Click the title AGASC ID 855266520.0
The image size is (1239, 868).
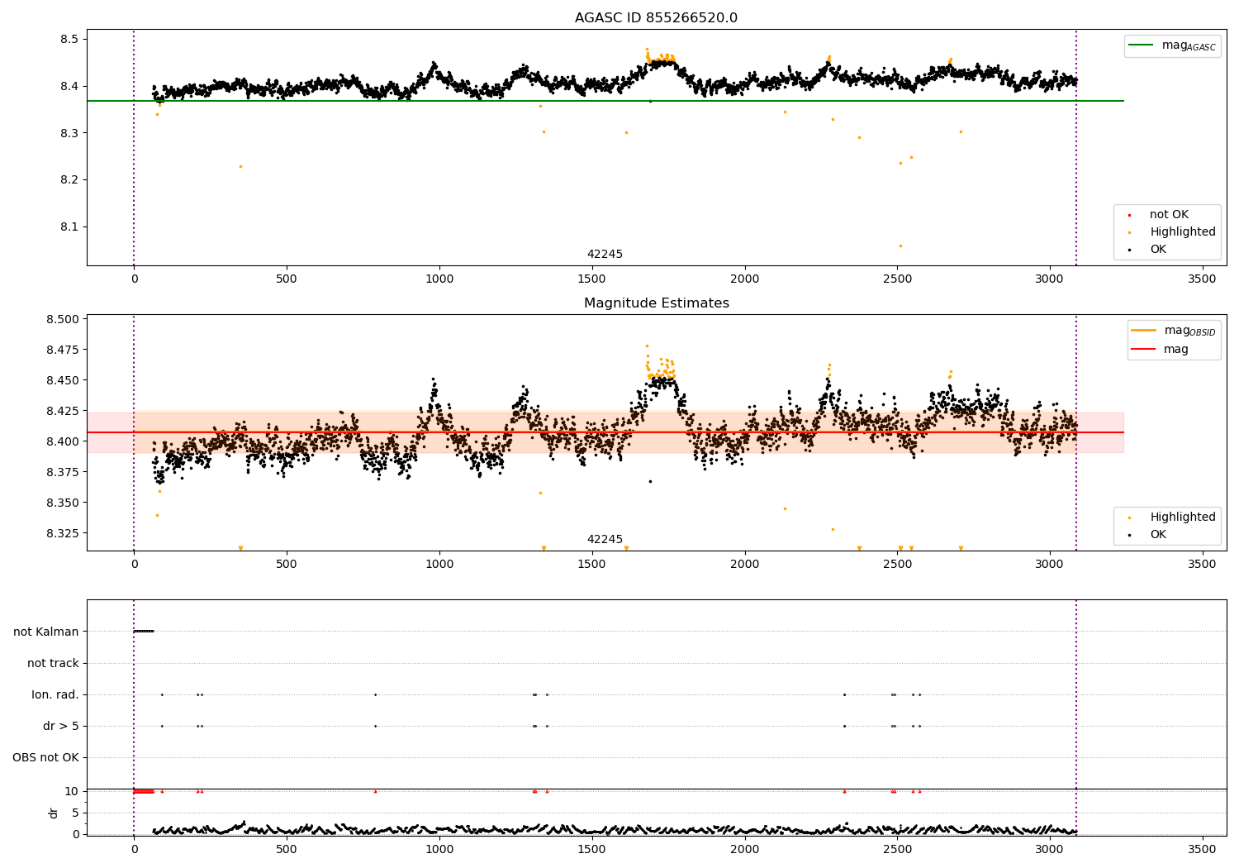click(656, 18)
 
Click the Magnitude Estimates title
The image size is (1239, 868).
click(656, 303)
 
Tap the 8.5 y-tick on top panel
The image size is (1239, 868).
click(69, 39)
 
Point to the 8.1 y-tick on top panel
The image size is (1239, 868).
click(69, 227)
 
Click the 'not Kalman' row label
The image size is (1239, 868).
click(46, 632)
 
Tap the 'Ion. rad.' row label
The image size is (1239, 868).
click(55, 694)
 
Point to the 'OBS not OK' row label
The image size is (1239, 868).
click(45, 757)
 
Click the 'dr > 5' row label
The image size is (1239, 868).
click(61, 726)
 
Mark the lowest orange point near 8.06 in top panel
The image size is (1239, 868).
click(900, 246)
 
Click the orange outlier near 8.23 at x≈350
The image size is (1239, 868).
click(240, 166)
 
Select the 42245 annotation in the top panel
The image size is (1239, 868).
click(605, 255)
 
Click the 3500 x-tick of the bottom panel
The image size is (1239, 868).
click(1202, 848)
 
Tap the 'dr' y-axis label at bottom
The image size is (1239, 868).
click(54, 813)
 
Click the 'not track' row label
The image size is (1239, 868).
click(53, 663)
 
